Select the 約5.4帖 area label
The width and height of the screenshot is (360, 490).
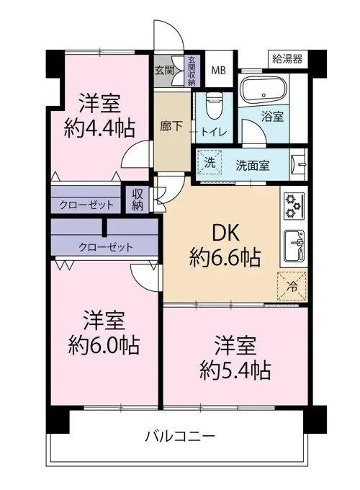pos(235,371)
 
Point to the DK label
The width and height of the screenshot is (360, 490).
pos(225,232)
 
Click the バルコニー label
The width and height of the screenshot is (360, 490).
pos(180,436)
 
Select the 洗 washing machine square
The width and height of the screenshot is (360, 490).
pos(209,162)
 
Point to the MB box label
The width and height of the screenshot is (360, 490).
pos(217,69)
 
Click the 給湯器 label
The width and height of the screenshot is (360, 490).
pos(287,56)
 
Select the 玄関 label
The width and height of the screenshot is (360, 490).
pos(163,70)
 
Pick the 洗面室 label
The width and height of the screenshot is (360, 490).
pos(253,164)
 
